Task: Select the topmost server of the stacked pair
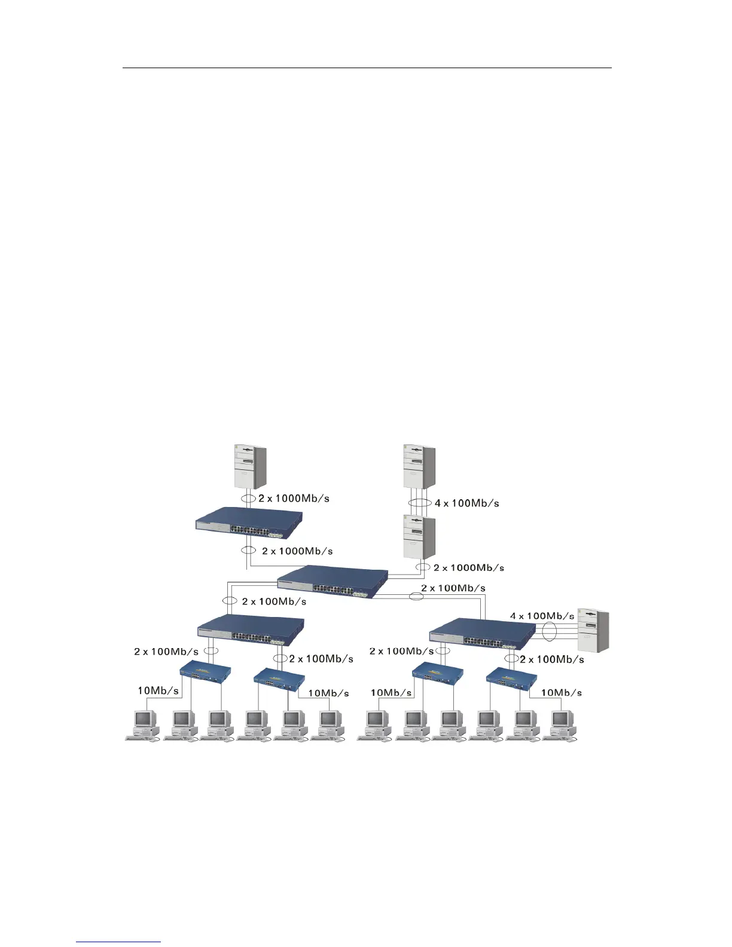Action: (x=419, y=466)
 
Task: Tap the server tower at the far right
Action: (x=593, y=631)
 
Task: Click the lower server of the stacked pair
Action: (x=419, y=537)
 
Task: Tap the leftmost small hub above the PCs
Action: (x=205, y=675)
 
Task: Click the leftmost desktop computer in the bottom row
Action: (x=144, y=725)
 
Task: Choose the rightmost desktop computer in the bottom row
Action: (x=561, y=725)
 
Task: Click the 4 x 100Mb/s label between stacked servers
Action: (x=466, y=503)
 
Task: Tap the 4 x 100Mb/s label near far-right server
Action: (x=542, y=616)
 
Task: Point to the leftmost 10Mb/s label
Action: (x=158, y=691)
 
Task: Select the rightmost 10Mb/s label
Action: (x=562, y=693)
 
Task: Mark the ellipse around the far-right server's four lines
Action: (x=548, y=633)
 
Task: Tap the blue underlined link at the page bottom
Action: (x=118, y=943)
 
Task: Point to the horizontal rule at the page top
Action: (x=367, y=68)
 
